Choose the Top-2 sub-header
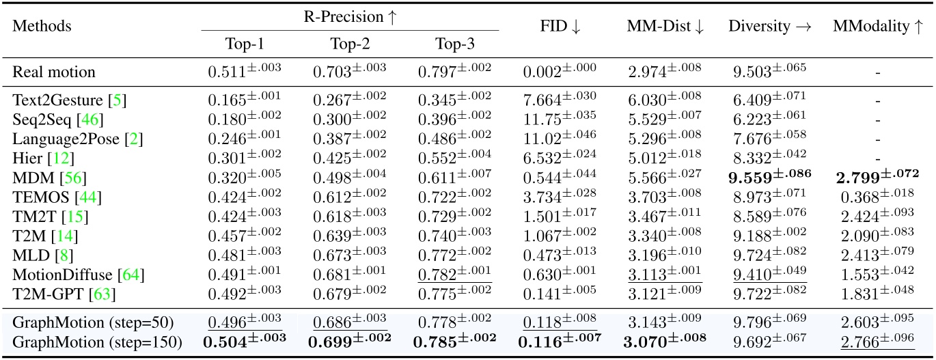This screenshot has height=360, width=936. click(x=349, y=44)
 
